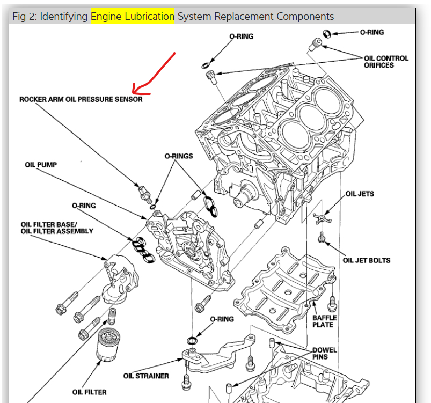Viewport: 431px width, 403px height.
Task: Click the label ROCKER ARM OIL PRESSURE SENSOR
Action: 81,99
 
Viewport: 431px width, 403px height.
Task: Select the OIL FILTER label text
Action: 89,392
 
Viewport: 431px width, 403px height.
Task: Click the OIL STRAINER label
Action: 146,376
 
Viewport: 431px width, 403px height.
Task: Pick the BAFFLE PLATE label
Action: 324,321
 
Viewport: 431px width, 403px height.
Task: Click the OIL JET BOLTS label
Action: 367,260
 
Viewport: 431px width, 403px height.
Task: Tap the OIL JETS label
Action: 360,194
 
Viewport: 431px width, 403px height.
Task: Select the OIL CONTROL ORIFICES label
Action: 386,62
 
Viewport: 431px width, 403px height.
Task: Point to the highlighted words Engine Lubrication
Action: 133,16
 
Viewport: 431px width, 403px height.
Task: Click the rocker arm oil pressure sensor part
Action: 144,193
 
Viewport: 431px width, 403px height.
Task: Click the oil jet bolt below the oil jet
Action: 322,237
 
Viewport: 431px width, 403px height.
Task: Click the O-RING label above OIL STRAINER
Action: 222,319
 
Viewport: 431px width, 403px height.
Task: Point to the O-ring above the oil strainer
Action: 192,340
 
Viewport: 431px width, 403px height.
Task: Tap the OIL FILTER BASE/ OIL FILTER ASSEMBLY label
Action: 57,228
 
